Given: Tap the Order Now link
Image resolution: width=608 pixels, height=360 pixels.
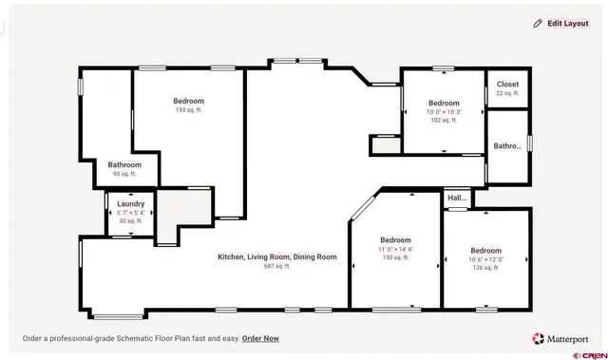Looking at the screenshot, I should point(260,338).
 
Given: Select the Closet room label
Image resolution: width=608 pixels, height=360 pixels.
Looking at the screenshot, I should point(508,85).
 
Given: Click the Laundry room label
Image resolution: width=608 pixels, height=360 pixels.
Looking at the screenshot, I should point(131,203).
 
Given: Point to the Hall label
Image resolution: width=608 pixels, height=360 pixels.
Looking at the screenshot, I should point(457,199).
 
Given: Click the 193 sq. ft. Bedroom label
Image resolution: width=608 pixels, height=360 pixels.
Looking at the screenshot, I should point(188,101).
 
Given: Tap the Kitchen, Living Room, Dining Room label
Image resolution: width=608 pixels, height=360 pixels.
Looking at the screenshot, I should point(277,256).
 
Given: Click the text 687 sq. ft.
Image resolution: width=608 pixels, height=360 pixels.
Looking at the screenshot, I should point(277,266).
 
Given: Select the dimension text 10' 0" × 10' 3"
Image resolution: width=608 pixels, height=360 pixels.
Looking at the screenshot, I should point(444,112).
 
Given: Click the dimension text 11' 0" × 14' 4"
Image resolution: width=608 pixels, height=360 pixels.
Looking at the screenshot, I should point(395,249).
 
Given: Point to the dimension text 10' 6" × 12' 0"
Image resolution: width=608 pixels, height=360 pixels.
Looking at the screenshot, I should point(485,259).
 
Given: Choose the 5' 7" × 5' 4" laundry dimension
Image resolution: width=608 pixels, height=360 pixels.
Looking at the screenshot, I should point(131,212).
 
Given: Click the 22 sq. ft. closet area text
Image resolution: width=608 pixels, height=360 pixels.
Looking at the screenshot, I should point(508,93).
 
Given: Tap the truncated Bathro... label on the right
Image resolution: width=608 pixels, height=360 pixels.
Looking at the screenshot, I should point(507,145).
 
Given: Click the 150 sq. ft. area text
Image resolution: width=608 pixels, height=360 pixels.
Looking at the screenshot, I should point(395,257).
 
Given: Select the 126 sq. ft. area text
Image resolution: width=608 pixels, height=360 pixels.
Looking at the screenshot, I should point(485,268).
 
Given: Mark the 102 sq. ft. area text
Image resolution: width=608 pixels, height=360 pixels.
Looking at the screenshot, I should point(444,121).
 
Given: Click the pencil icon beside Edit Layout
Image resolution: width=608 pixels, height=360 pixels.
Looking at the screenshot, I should point(538,23).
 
